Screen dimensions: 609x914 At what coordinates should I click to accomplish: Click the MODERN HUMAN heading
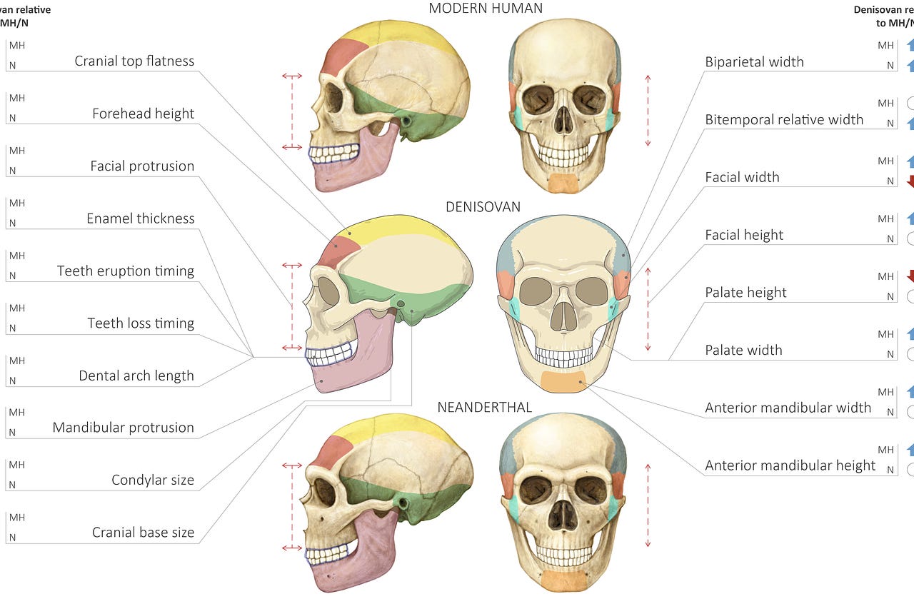(486, 9)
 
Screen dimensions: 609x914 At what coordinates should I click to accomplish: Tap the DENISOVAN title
(483, 207)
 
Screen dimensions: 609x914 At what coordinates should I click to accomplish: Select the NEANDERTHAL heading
(484, 408)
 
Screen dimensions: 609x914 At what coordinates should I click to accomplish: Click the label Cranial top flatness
(134, 61)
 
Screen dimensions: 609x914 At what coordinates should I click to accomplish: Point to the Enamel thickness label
(141, 218)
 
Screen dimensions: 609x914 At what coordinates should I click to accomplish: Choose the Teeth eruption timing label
(126, 271)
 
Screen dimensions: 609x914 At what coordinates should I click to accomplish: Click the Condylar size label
(153, 480)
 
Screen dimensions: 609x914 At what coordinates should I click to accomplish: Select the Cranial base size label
(143, 533)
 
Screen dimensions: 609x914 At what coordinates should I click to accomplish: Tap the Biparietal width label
(754, 62)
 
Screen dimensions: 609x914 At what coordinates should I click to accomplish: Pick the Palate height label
(745, 293)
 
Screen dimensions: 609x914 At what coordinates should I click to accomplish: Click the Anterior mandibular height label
(790, 465)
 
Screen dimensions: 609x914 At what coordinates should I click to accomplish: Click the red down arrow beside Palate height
(910, 276)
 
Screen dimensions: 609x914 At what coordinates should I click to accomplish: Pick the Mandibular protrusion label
(123, 428)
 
